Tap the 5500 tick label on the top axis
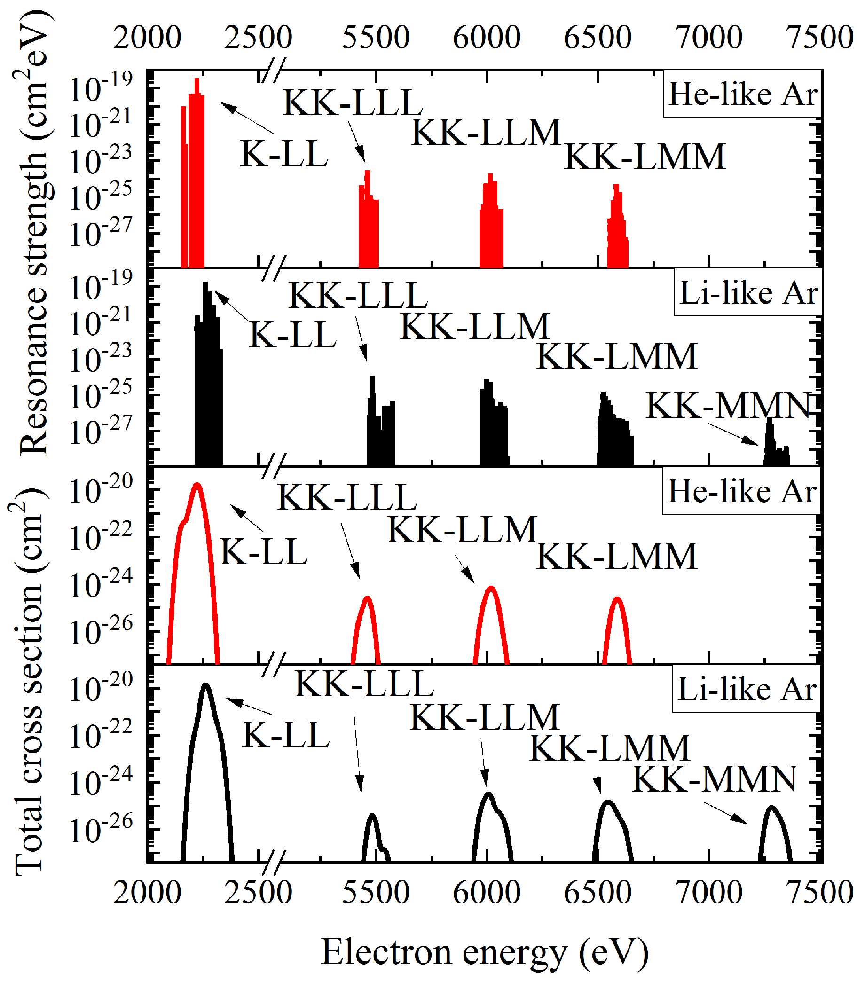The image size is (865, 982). coord(375,38)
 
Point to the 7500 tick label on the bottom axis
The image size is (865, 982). coord(819,893)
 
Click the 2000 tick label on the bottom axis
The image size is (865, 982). coord(147,893)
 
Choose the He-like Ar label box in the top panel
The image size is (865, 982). coord(742,94)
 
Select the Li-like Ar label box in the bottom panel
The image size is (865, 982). coord(747,689)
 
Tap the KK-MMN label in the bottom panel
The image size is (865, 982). coord(714,779)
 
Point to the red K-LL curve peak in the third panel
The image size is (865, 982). coord(197,485)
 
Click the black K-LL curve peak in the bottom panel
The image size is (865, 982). coord(206,684)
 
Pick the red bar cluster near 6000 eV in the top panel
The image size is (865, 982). coord(491,221)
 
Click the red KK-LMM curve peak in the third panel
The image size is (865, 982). coord(617,599)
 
